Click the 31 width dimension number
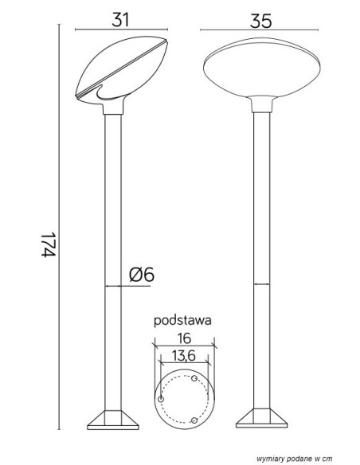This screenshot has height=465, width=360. click(x=120, y=20)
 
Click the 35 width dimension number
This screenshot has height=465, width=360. click(x=260, y=21)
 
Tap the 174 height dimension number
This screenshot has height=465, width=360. click(x=48, y=244)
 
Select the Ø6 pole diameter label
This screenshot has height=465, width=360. click(x=142, y=275)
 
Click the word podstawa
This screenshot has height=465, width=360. click(x=182, y=321)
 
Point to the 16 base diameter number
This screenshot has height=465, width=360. click(x=184, y=338)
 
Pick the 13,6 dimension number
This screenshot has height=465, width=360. click(x=184, y=355)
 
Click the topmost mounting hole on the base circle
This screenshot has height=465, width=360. click(x=194, y=378)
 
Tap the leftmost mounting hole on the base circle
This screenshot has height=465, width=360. click(x=161, y=399)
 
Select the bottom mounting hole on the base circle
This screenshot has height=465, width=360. click(x=194, y=420)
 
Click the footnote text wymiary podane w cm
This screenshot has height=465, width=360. click(x=294, y=459)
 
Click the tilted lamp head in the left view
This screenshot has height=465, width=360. click(x=122, y=71)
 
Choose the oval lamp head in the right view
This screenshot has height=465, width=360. click(x=262, y=71)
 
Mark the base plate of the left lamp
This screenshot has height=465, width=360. click(x=113, y=420)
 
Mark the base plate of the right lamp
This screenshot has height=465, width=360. click(x=261, y=418)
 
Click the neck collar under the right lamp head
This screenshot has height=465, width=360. click(x=262, y=104)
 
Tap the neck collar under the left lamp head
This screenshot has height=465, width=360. click(x=113, y=108)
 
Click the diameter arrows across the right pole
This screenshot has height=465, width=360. click(x=262, y=284)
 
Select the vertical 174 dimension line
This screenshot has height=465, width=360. click(x=59, y=227)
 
